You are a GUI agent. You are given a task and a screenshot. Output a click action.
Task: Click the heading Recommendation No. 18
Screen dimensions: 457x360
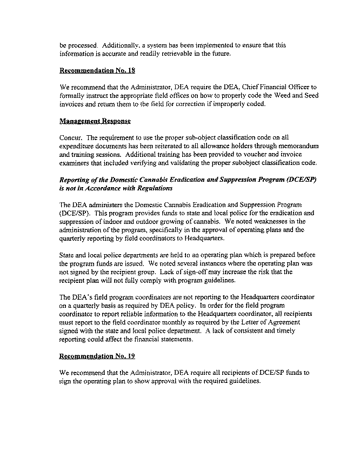[x=97, y=70]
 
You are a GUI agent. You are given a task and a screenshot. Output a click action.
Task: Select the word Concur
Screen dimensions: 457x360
[x=71, y=138]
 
